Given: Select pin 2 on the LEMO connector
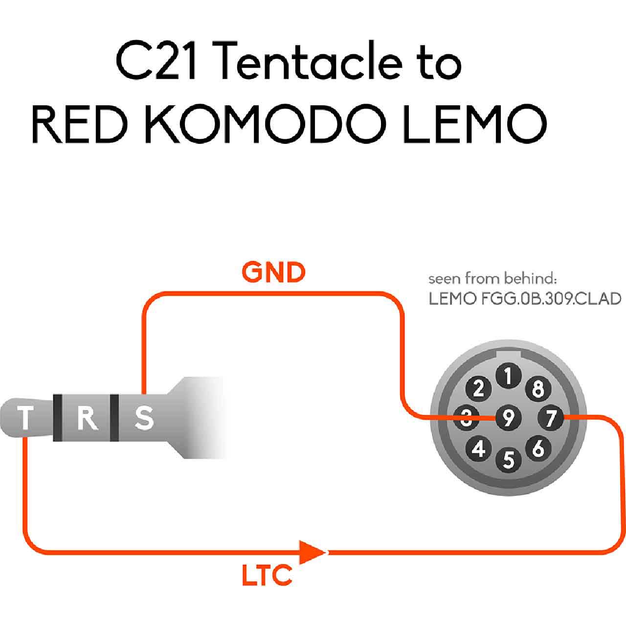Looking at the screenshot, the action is (478, 388).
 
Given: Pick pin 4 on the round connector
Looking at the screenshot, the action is (478, 448).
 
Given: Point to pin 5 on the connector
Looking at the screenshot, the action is (509, 460).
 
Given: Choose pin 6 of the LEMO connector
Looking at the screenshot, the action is (538, 448).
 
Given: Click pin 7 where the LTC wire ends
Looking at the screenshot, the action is (551, 418).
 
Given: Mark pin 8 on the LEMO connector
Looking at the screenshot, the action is (538, 388).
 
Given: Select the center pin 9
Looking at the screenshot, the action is (509, 418).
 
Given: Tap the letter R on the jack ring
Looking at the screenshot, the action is (87, 419).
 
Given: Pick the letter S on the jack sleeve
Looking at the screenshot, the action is (144, 418).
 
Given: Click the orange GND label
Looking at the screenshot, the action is (273, 272).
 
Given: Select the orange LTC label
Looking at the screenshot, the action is (267, 575).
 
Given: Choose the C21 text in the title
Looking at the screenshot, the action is (156, 61).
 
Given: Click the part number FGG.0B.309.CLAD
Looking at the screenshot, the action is (551, 299).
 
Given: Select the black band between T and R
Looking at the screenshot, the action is (58, 418).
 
